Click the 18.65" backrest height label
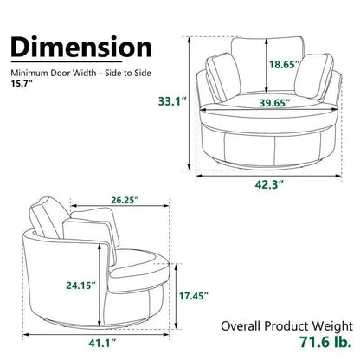click(262, 65)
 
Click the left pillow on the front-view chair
click(218, 77)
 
